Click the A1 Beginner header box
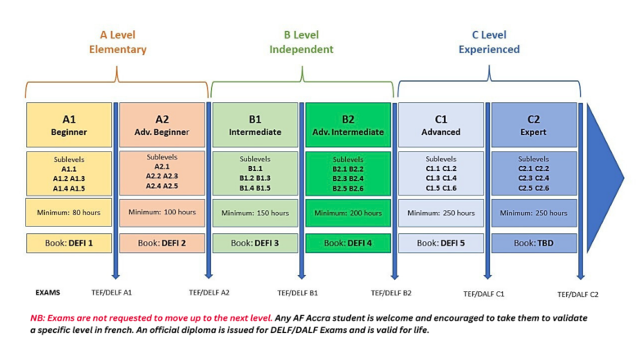[x=70, y=125]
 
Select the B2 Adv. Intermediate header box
[x=348, y=125]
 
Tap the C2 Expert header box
[x=534, y=125]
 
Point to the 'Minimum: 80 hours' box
[x=69, y=213]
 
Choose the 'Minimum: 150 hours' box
[x=255, y=213]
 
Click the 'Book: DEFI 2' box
[x=162, y=243]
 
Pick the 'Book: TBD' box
[x=534, y=243]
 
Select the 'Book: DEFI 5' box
[x=441, y=243]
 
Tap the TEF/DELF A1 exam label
[x=111, y=292]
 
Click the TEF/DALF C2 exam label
[x=577, y=295]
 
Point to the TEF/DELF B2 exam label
[x=391, y=293]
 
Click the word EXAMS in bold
[x=47, y=292]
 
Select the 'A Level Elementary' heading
[x=118, y=42]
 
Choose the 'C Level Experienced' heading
[x=489, y=42]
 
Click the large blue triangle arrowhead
[x=604, y=178]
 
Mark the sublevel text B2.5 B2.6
[x=348, y=188]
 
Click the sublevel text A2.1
[x=162, y=166]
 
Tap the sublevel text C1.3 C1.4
[x=441, y=178]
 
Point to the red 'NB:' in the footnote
[x=38, y=318]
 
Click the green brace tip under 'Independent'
[x=302, y=67]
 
